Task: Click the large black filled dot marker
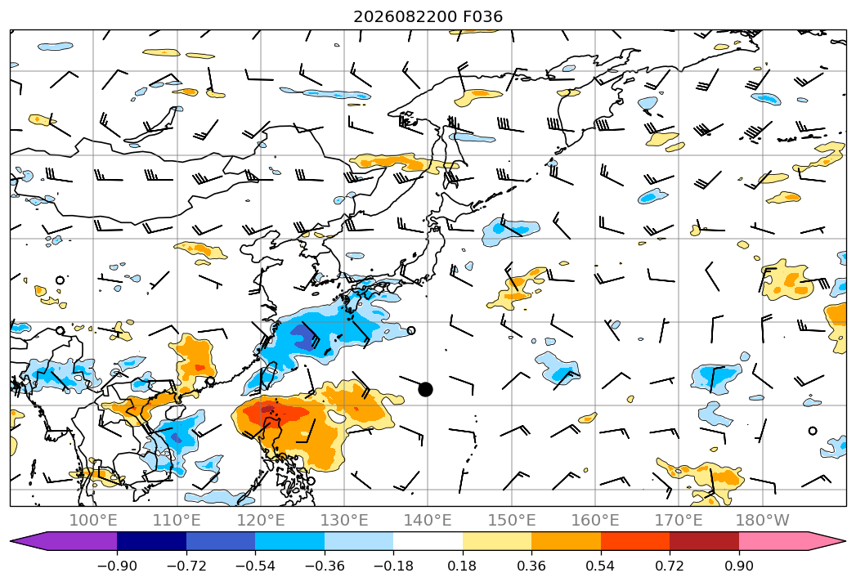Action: (425, 389)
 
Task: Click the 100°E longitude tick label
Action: (93, 520)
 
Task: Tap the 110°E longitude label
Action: (177, 520)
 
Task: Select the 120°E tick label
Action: (261, 520)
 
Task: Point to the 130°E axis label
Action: (344, 520)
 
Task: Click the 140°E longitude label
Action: (428, 520)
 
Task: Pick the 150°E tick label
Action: (512, 520)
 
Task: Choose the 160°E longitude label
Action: (595, 520)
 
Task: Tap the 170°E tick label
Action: (679, 520)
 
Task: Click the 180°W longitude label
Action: (763, 520)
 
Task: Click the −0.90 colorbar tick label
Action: (117, 566)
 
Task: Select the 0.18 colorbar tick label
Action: (462, 566)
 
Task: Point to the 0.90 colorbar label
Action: (738, 566)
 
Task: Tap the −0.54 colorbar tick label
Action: (255, 566)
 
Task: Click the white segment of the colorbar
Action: (428, 541)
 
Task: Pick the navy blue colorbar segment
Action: (152, 541)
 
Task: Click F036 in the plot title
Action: (482, 17)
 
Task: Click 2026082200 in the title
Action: (405, 17)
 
